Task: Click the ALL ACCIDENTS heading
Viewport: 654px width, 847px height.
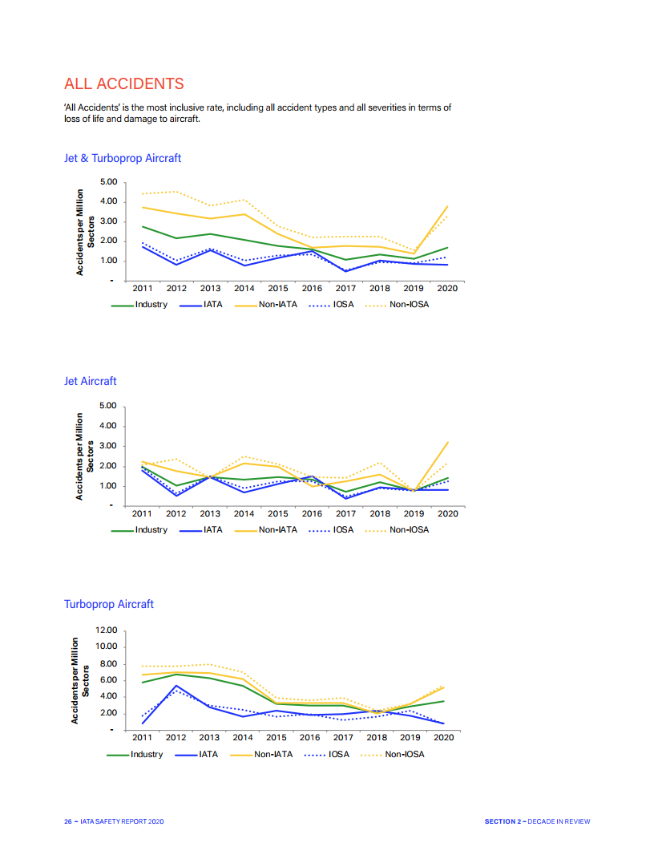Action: tap(123, 83)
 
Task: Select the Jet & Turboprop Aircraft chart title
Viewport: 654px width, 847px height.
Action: tap(123, 158)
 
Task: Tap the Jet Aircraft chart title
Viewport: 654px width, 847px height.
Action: tap(90, 381)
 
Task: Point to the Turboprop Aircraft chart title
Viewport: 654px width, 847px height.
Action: tap(109, 604)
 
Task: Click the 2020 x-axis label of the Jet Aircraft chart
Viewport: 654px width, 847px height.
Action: tap(448, 513)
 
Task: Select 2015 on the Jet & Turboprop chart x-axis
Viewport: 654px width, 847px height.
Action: tap(278, 289)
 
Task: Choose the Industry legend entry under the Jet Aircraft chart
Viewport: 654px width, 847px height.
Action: tap(151, 529)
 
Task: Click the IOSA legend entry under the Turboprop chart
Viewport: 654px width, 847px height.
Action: tap(338, 754)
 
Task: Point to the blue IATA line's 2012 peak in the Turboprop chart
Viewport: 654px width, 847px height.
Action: tap(176, 686)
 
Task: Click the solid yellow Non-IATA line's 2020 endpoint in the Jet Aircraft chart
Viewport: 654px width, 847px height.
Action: tap(448, 442)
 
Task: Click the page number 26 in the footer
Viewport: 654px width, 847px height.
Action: tap(67, 821)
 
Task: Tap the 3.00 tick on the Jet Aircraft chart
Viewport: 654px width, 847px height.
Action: tap(108, 445)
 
